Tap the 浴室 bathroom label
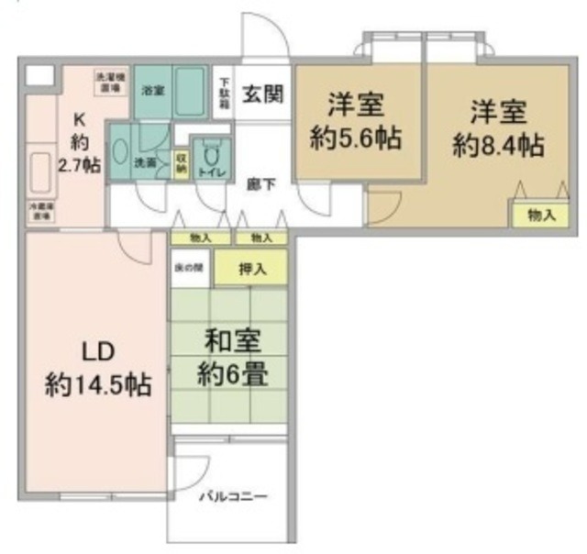[150, 91]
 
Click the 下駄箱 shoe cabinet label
[224, 92]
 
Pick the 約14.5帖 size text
[99, 383]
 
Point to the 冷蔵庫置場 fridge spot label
[39, 209]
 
